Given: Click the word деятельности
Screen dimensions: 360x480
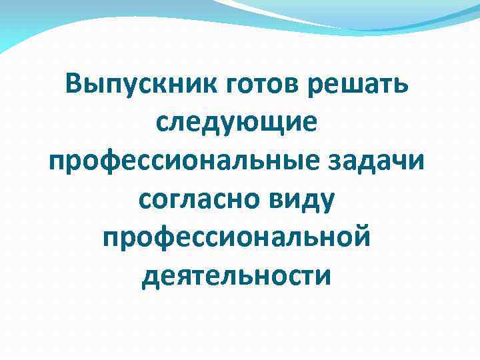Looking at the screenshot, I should click(x=236, y=274).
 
